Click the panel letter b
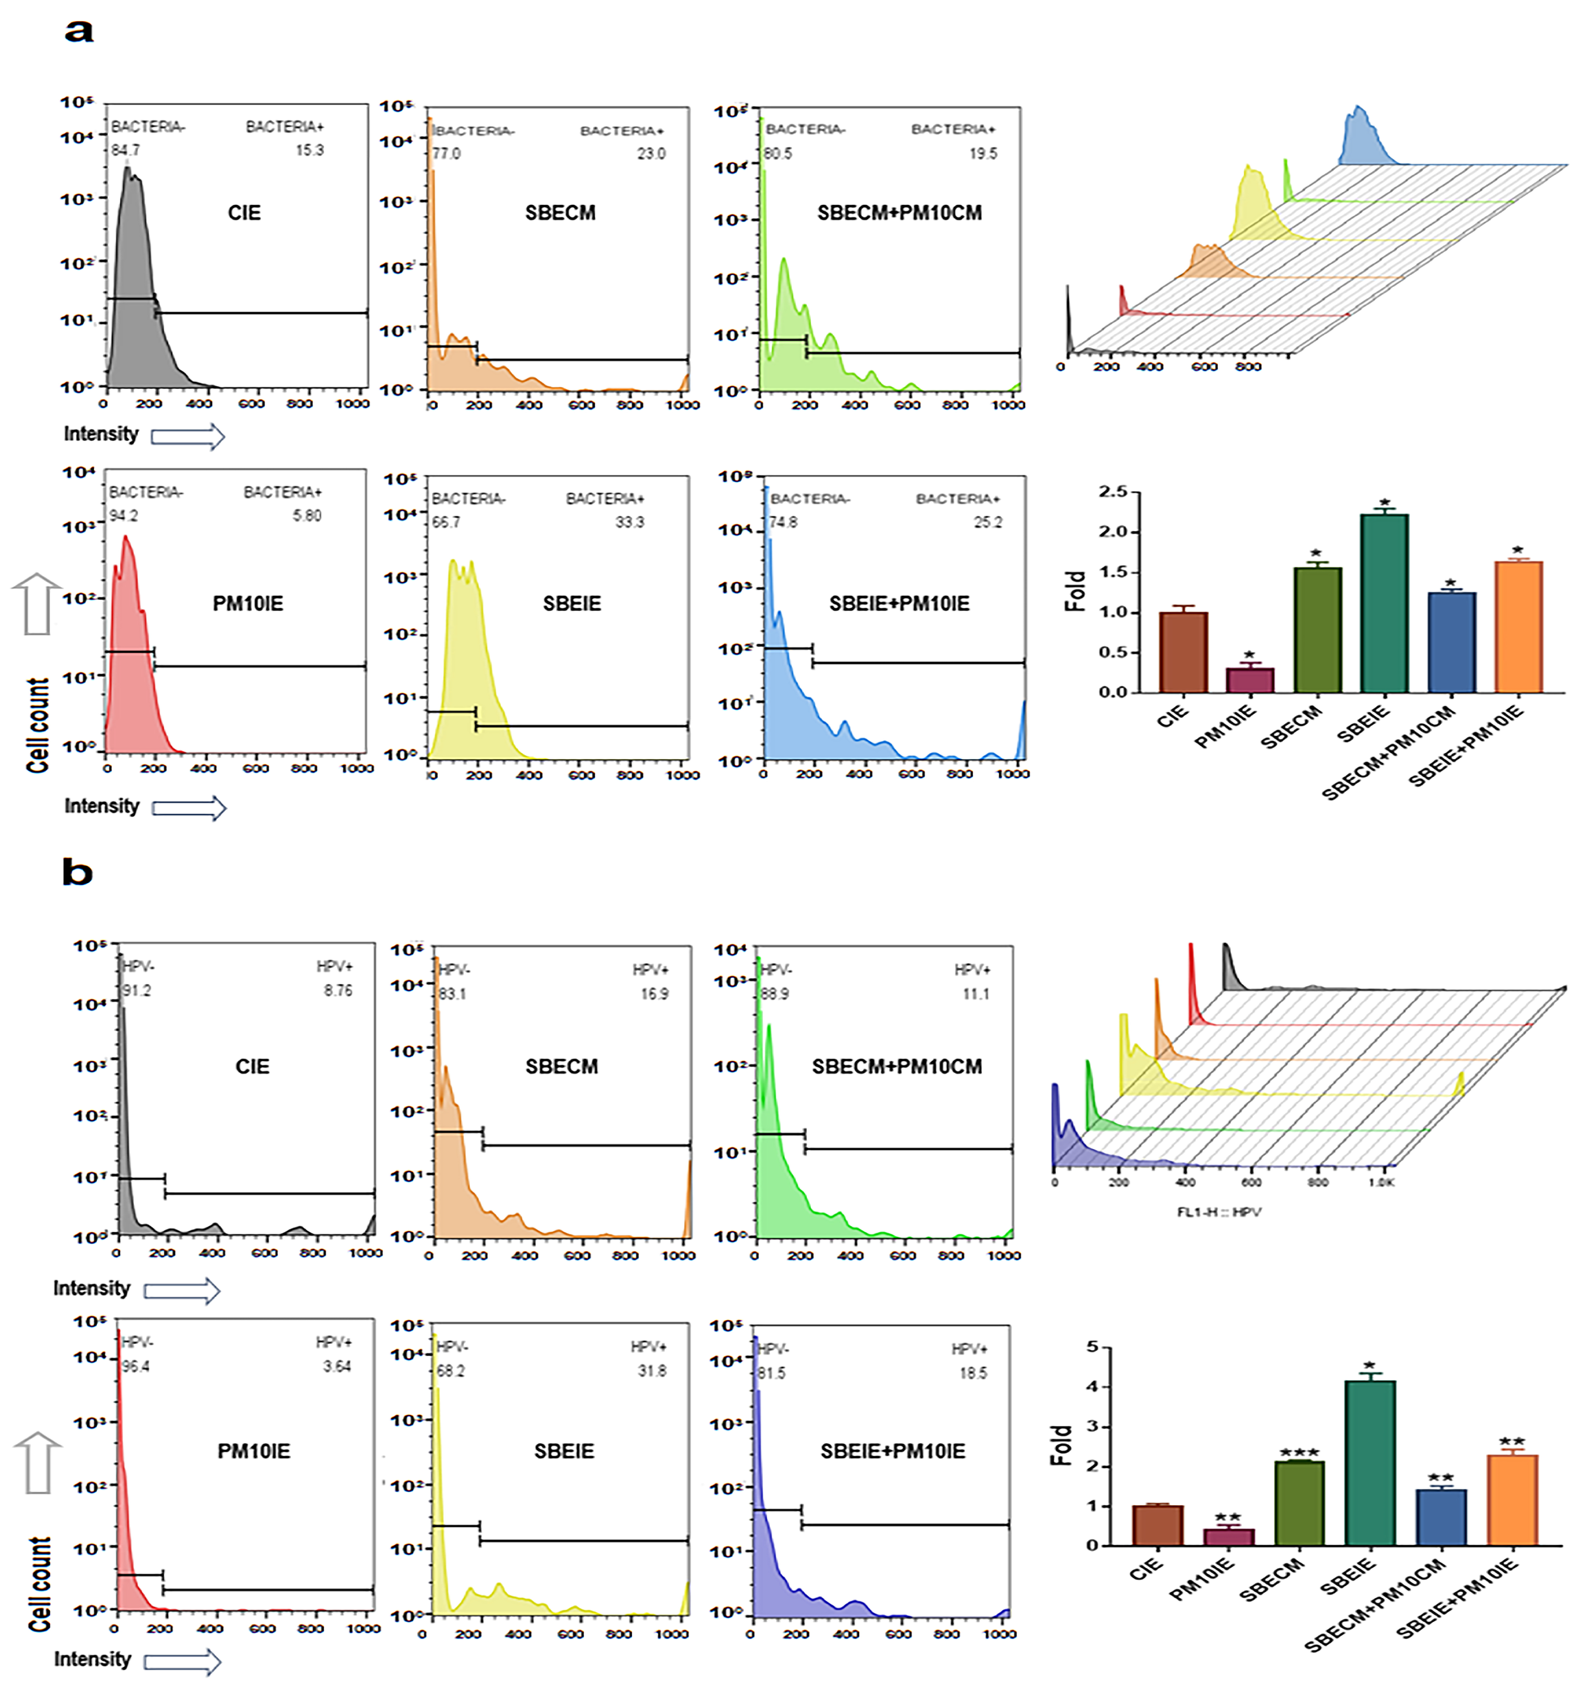click(x=77, y=873)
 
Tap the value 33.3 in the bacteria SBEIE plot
click(x=630, y=522)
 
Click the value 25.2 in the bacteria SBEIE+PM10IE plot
click(x=987, y=522)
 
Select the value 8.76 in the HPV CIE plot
click(x=338, y=990)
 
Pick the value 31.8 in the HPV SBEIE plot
click(x=652, y=1370)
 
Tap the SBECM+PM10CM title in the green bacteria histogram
click(x=899, y=213)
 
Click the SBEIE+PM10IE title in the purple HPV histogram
click(x=893, y=1451)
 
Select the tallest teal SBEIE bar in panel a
click(x=1384, y=602)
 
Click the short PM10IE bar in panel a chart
click(x=1249, y=680)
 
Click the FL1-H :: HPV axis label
click(x=1219, y=1212)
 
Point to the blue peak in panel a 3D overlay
click(x=1360, y=136)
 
